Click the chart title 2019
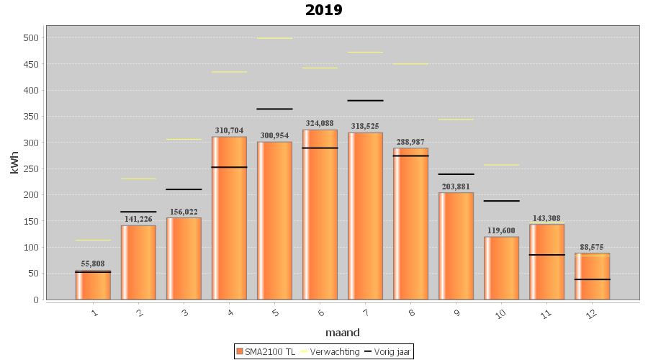(x=324, y=10)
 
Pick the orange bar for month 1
(x=93, y=285)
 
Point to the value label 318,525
(x=365, y=126)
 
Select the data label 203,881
(x=456, y=186)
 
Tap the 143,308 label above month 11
(x=546, y=217)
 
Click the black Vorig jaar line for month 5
(x=274, y=109)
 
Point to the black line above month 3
(x=184, y=189)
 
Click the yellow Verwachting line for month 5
(x=274, y=38)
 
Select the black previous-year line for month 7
(x=365, y=101)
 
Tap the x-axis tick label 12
(x=590, y=315)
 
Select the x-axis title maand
(x=343, y=333)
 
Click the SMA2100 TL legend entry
(x=265, y=351)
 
